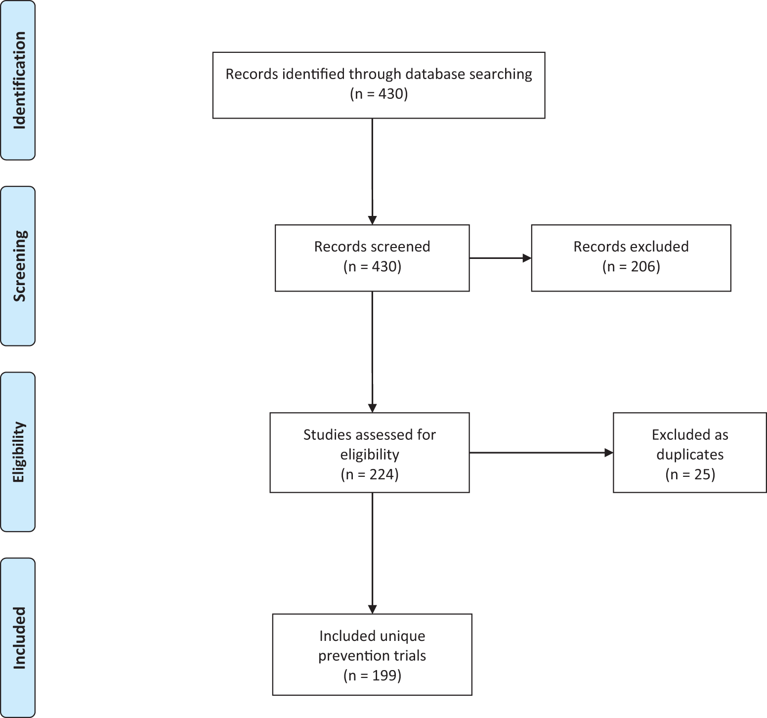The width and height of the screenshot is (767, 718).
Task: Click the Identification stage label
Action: (18, 80)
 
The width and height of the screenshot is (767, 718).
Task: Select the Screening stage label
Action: (18, 266)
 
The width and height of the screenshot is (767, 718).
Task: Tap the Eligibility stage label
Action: (18, 452)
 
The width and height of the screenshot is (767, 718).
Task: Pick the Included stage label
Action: (18, 637)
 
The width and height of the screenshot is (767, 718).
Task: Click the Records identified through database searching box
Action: (379, 85)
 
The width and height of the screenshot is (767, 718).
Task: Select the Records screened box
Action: (372, 258)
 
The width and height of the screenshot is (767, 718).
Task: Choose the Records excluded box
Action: (631, 258)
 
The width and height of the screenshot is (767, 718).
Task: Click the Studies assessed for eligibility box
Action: (369, 453)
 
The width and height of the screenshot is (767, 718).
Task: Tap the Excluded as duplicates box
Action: (689, 453)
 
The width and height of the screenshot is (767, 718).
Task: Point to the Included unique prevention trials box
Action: (372, 654)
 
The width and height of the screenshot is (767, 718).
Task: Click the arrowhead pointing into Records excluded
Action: (527, 258)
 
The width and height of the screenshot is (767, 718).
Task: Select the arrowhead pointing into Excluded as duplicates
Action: (608, 453)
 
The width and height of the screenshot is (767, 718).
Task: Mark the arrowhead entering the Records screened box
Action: (372, 220)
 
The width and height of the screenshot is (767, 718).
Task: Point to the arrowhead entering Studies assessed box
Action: (372, 408)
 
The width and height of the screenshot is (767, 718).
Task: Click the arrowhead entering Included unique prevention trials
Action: (372, 609)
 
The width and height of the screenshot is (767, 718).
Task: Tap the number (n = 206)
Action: (631, 267)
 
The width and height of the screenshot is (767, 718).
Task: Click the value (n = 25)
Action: (690, 474)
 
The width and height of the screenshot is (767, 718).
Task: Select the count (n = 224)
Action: (370, 474)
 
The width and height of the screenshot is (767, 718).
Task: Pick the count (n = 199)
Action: (372, 675)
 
